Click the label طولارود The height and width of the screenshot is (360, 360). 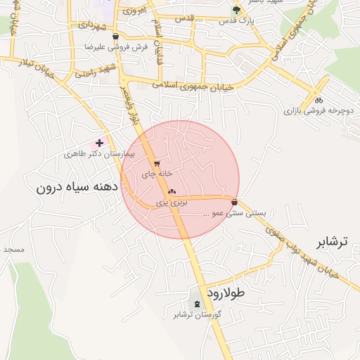coord(224,291)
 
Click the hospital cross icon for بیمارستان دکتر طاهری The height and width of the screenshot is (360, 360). coord(100,143)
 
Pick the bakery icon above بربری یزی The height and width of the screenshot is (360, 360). coord(172,191)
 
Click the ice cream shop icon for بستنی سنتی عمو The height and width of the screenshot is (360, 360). coord(234,202)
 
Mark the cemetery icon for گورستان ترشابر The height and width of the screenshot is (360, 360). coord(196,304)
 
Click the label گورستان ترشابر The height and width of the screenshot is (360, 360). coord(198,314)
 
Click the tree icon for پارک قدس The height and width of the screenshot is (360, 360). coord(236,11)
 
